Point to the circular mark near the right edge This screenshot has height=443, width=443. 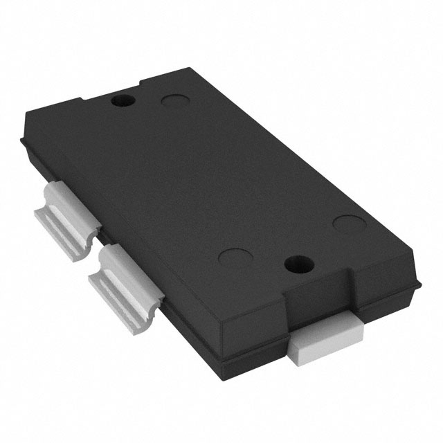(x=347, y=224)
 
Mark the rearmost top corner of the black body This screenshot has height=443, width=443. (x=189, y=69)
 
